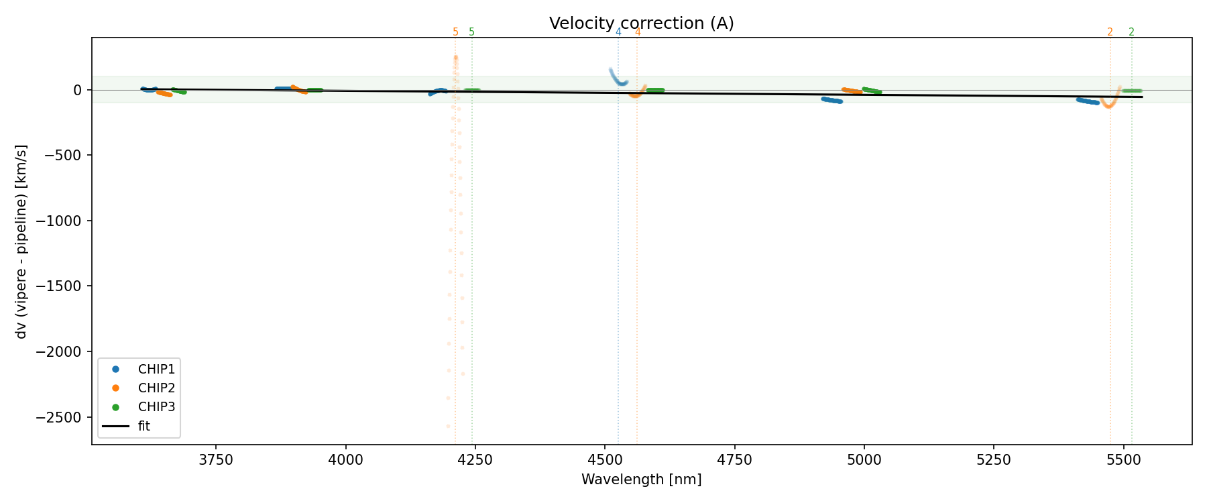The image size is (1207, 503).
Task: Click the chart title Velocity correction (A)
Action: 641,23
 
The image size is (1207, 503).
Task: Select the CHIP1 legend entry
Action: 156,369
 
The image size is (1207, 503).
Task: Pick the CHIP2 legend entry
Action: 156,388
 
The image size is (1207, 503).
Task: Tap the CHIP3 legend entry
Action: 156,406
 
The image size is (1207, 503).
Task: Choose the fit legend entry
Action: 143,426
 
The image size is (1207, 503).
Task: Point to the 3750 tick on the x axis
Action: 216,460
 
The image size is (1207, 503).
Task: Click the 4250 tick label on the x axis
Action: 475,460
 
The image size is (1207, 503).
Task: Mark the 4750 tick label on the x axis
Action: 734,460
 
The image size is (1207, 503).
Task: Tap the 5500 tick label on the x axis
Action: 1123,460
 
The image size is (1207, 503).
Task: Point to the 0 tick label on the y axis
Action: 78,90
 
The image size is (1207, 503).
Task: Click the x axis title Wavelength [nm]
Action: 641,480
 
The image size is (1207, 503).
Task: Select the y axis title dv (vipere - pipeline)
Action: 22,241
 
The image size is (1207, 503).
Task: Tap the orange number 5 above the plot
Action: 455,32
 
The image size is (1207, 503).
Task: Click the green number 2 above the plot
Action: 1131,32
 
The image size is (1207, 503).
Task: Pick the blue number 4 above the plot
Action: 618,32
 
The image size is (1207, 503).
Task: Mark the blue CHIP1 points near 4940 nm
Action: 832,100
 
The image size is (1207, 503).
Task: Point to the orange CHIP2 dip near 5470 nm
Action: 1109,105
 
